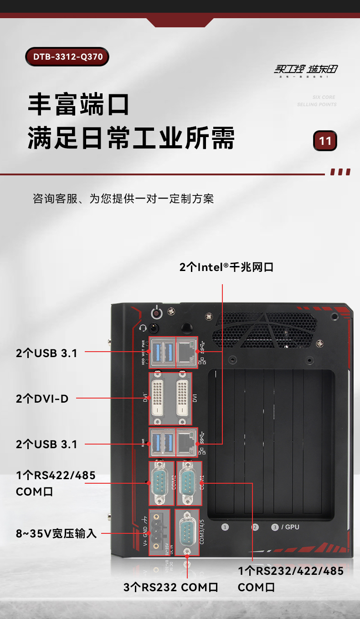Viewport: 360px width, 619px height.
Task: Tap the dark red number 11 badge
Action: (325, 141)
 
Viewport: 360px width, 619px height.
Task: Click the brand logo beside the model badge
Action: (306, 70)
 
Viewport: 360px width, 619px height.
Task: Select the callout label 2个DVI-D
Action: (42, 399)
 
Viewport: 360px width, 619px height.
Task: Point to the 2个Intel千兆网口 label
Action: (226, 267)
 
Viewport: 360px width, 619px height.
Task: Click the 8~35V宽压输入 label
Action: (57, 533)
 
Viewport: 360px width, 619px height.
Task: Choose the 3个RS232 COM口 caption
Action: (171, 587)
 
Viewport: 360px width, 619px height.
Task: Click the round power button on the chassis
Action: (157, 313)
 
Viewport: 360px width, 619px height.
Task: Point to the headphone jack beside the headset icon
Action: (154, 328)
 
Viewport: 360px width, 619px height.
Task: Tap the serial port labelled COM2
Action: (159, 482)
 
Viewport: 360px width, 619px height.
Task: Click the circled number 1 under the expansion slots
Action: (225, 527)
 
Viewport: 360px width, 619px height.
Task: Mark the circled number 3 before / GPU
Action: (275, 527)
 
